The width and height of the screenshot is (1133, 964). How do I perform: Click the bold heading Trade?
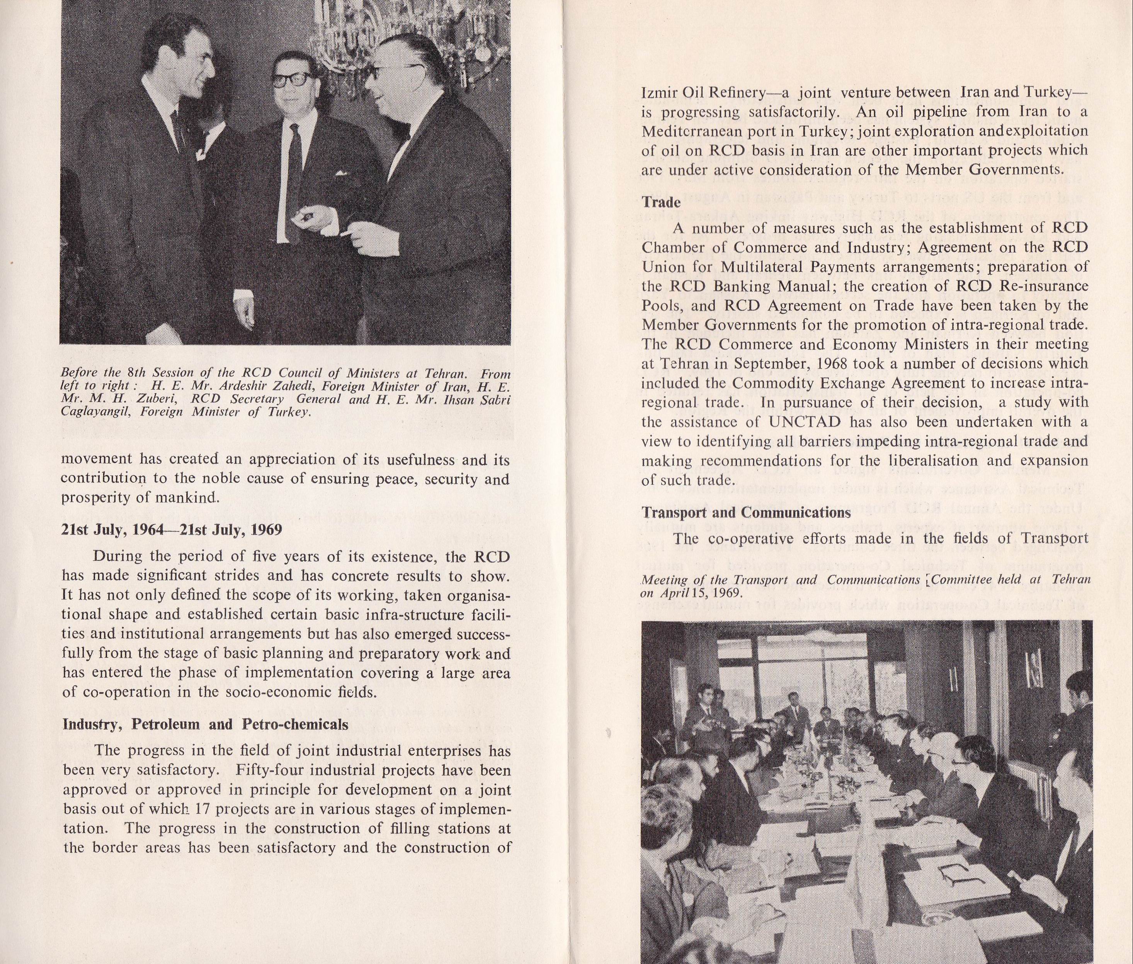tap(661, 202)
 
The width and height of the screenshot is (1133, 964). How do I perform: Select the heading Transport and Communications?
tap(746, 513)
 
